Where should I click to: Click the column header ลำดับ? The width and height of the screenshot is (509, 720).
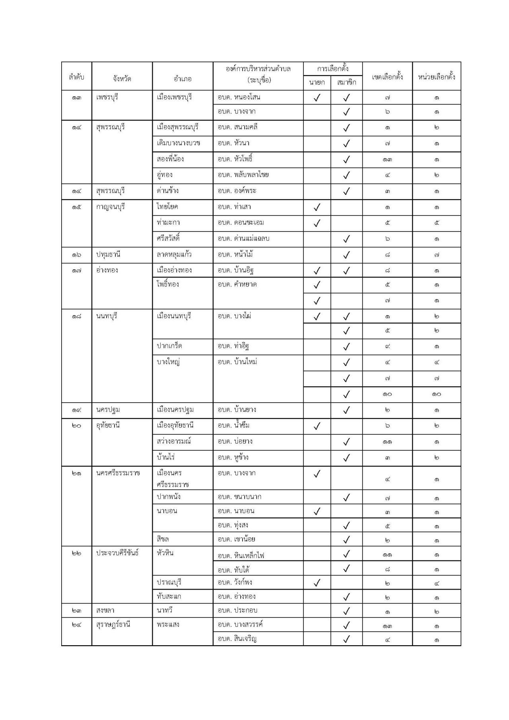76,76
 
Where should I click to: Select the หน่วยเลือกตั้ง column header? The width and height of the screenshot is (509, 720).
436,76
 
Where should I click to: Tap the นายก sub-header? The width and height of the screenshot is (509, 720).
317,82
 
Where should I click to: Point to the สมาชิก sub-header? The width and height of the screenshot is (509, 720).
346,82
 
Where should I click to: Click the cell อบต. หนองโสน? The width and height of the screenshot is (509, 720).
239,97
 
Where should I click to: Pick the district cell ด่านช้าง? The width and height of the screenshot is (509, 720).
168,191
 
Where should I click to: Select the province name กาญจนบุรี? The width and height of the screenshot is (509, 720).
111,206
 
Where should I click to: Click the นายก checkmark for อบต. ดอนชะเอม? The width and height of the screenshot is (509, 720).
317,223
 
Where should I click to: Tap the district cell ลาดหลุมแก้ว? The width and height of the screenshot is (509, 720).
175,254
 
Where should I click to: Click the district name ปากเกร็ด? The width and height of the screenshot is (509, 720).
169,346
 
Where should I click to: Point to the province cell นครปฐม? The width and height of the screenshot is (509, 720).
108,409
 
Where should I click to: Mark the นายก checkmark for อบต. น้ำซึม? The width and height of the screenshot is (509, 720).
317,426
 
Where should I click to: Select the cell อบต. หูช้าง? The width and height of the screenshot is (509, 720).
233,457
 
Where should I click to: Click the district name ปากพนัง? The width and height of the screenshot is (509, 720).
169,496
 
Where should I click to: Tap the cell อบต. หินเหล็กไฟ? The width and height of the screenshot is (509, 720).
241,555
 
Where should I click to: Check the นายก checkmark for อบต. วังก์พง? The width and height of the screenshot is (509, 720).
317,583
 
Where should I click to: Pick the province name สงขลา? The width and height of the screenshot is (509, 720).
105,610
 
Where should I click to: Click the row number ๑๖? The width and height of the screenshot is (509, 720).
76,254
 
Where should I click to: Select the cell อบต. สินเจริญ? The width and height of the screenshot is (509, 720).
237,639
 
